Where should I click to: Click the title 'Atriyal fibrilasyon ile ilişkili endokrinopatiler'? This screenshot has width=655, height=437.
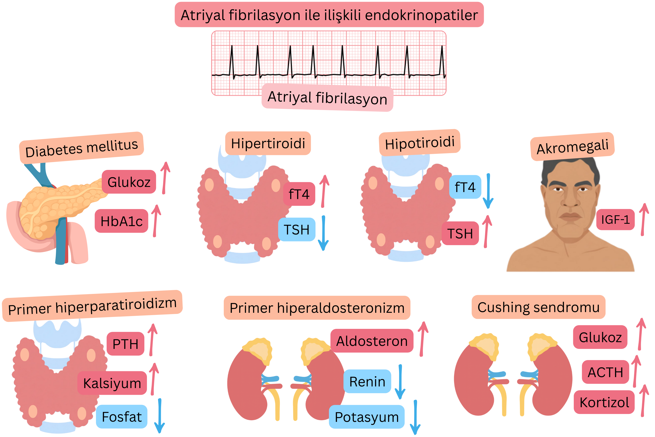click(x=329, y=15)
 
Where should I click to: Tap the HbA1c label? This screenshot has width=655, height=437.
click(x=121, y=221)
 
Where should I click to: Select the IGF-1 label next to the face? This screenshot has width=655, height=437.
click(x=615, y=220)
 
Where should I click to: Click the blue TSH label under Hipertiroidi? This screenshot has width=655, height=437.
click(x=296, y=230)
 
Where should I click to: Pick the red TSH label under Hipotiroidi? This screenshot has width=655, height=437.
click(x=460, y=234)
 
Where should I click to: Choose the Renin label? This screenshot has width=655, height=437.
click(x=367, y=382)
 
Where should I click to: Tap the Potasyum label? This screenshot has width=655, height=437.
click(x=367, y=417)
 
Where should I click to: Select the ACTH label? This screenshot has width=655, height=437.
click(x=605, y=372)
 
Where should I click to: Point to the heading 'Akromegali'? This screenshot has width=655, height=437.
click(x=572, y=147)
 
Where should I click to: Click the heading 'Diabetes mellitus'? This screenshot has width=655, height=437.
click(x=81, y=148)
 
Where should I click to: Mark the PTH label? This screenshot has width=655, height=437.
click(x=125, y=344)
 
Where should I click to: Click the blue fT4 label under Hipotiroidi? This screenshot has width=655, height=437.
click(x=465, y=187)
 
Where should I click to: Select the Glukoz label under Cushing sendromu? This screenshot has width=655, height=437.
click(x=600, y=337)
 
